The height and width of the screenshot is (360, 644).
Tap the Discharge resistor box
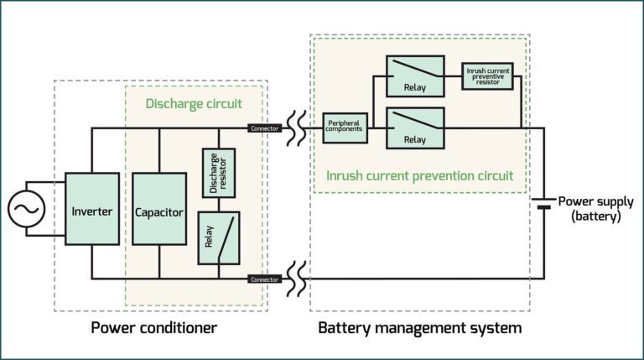218,173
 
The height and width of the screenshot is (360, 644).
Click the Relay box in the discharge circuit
218,238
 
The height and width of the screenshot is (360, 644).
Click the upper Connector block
265,128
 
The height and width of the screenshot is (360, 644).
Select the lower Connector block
265,279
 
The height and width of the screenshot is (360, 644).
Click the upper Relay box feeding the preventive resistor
414,76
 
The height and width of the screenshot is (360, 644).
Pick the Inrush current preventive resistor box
486,76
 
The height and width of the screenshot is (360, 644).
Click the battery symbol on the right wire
543,206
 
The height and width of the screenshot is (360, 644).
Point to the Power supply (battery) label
595,207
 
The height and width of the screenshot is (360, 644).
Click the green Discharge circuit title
194,104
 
